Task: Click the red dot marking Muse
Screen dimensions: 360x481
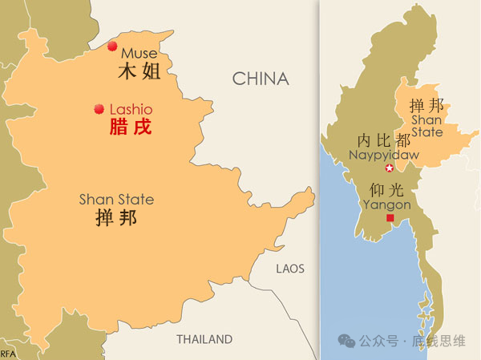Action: [x=112, y=46]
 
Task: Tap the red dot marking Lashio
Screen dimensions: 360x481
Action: [x=99, y=108]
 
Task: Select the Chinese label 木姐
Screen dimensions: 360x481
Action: [x=139, y=71]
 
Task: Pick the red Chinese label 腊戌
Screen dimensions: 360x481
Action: [x=130, y=127]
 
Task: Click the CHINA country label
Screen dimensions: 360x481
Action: [x=260, y=79]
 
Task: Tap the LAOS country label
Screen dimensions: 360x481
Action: [x=290, y=269]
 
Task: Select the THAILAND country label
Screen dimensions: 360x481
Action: [x=204, y=339]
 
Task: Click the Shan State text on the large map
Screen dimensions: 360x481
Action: [x=116, y=199]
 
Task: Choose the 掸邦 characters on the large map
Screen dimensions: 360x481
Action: [x=116, y=218]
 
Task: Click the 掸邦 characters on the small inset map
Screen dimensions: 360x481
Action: [x=426, y=106]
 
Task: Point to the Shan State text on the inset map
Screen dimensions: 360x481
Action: [x=426, y=126]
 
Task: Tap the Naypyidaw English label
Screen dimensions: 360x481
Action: [x=379, y=154]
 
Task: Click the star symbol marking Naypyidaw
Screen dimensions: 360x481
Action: [x=390, y=168]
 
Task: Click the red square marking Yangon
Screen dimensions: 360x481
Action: [x=390, y=218]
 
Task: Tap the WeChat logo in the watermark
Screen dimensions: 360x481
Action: [x=347, y=341]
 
